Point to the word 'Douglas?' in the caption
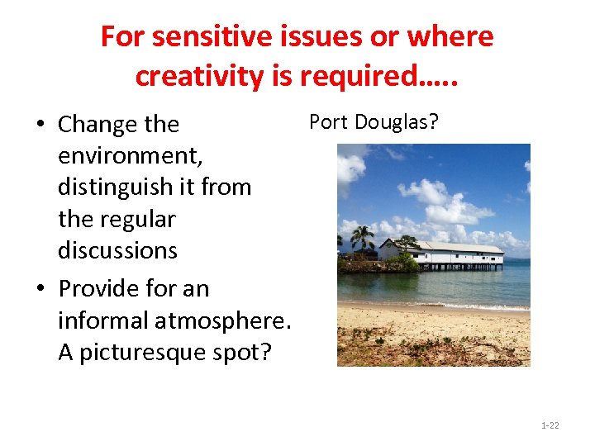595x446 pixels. tap(397, 122)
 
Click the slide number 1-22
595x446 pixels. tap(550, 425)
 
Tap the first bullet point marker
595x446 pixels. tap(40, 125)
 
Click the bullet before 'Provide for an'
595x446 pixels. tap(40, 289)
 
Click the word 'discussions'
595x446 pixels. tap(117, 250)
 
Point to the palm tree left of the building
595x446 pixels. tap(362, 239)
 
